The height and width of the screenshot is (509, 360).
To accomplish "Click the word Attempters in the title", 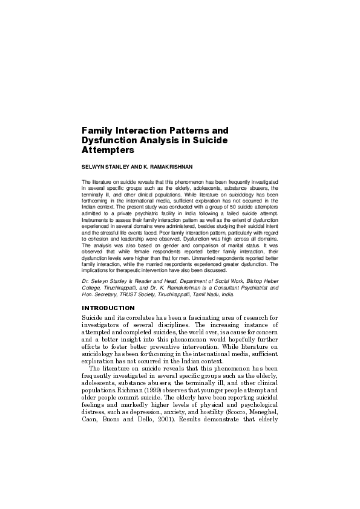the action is click(108, 149).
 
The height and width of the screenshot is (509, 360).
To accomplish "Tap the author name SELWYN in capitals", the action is click(91, 165).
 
